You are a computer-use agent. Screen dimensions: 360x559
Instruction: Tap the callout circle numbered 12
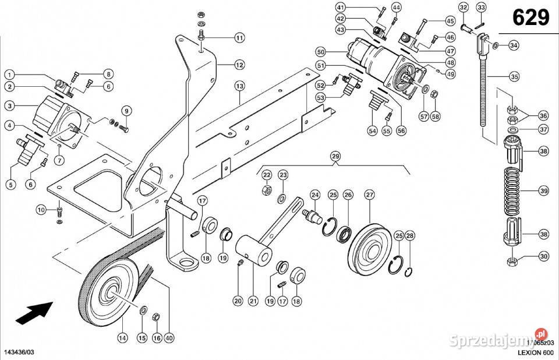[x=239, y=64]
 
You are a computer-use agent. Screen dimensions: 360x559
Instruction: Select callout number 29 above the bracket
[x=334, y=156]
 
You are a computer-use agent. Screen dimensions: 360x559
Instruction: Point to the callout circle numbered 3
[x=9, y=106]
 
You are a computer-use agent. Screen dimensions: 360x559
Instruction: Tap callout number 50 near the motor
[x=320, y=51]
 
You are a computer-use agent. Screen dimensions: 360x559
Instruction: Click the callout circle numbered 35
[x=514, y=76]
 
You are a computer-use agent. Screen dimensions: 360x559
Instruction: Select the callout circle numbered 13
[x=239, y=86]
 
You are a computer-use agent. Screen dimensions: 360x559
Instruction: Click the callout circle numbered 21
[x=253, y=301]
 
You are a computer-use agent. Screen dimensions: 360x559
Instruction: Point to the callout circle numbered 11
[x=239, y=38]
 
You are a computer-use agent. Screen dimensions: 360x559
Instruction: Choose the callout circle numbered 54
[x=372, y=132]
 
